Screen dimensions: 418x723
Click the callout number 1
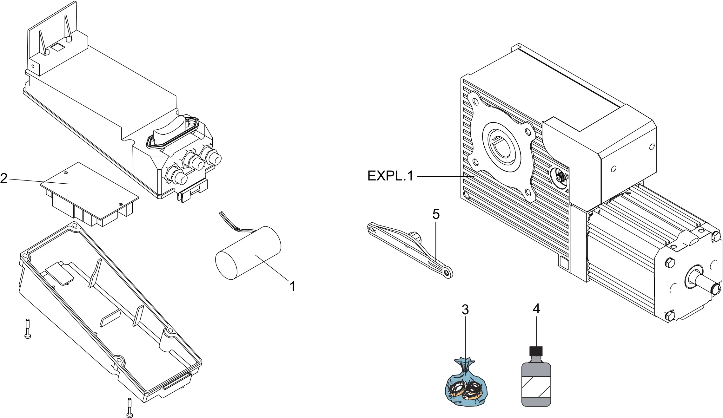click(293, 287)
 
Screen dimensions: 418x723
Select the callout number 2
click(4, 178)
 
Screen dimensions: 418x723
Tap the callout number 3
click(465, 310)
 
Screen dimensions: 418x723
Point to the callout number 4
click(536, 309)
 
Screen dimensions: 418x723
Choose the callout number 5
click(436, 214)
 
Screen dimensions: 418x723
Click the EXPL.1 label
click(390, 176)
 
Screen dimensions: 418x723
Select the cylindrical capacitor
click(248, 253)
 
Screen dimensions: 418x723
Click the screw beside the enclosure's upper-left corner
click(28, 328)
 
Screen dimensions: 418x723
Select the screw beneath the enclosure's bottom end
click(129, 408)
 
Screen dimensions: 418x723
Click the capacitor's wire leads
click(235, 223)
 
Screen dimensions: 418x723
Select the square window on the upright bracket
click(57, 47)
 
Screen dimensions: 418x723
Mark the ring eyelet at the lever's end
click(448, 272)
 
